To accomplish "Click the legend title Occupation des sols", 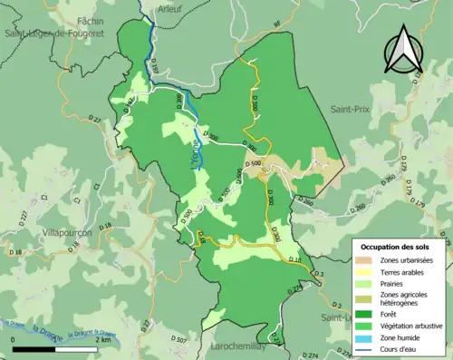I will point(396,247).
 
